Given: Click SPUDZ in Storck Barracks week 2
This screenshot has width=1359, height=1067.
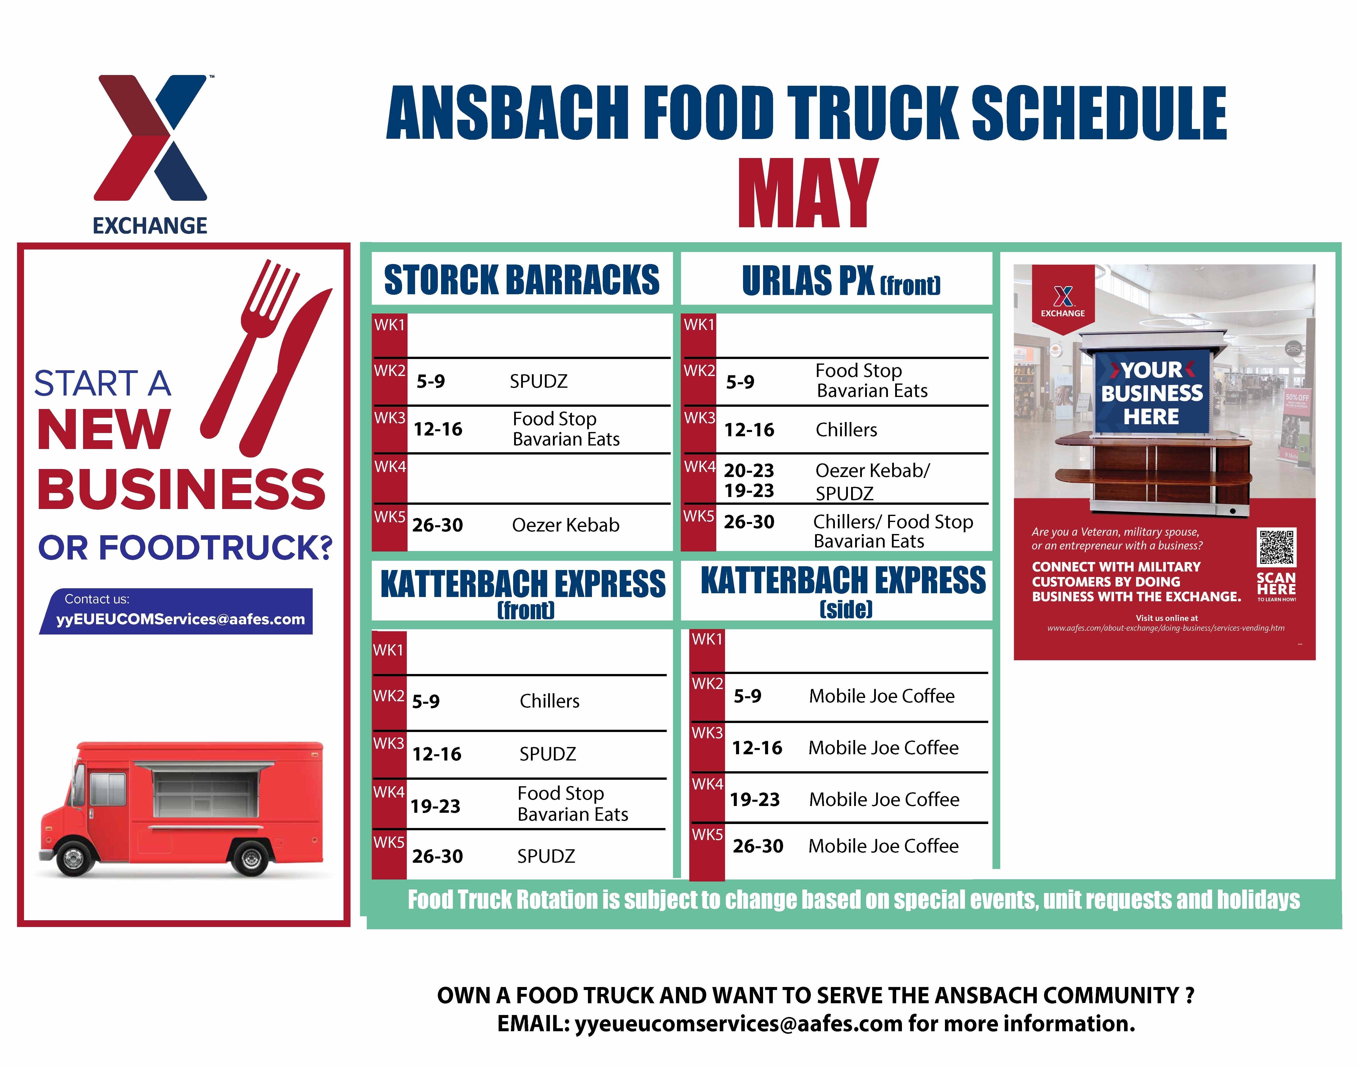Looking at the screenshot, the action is (x=538, y=381).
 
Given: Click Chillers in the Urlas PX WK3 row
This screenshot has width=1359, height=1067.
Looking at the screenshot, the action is (x=846, y=430).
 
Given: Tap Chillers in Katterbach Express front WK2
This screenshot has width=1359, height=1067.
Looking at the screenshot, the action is (x=549, y=701).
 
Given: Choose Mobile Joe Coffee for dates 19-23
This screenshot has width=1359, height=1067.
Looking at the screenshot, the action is (x=884, y=800).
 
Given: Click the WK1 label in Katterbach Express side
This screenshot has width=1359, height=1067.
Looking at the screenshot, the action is (x=707, y=639).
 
